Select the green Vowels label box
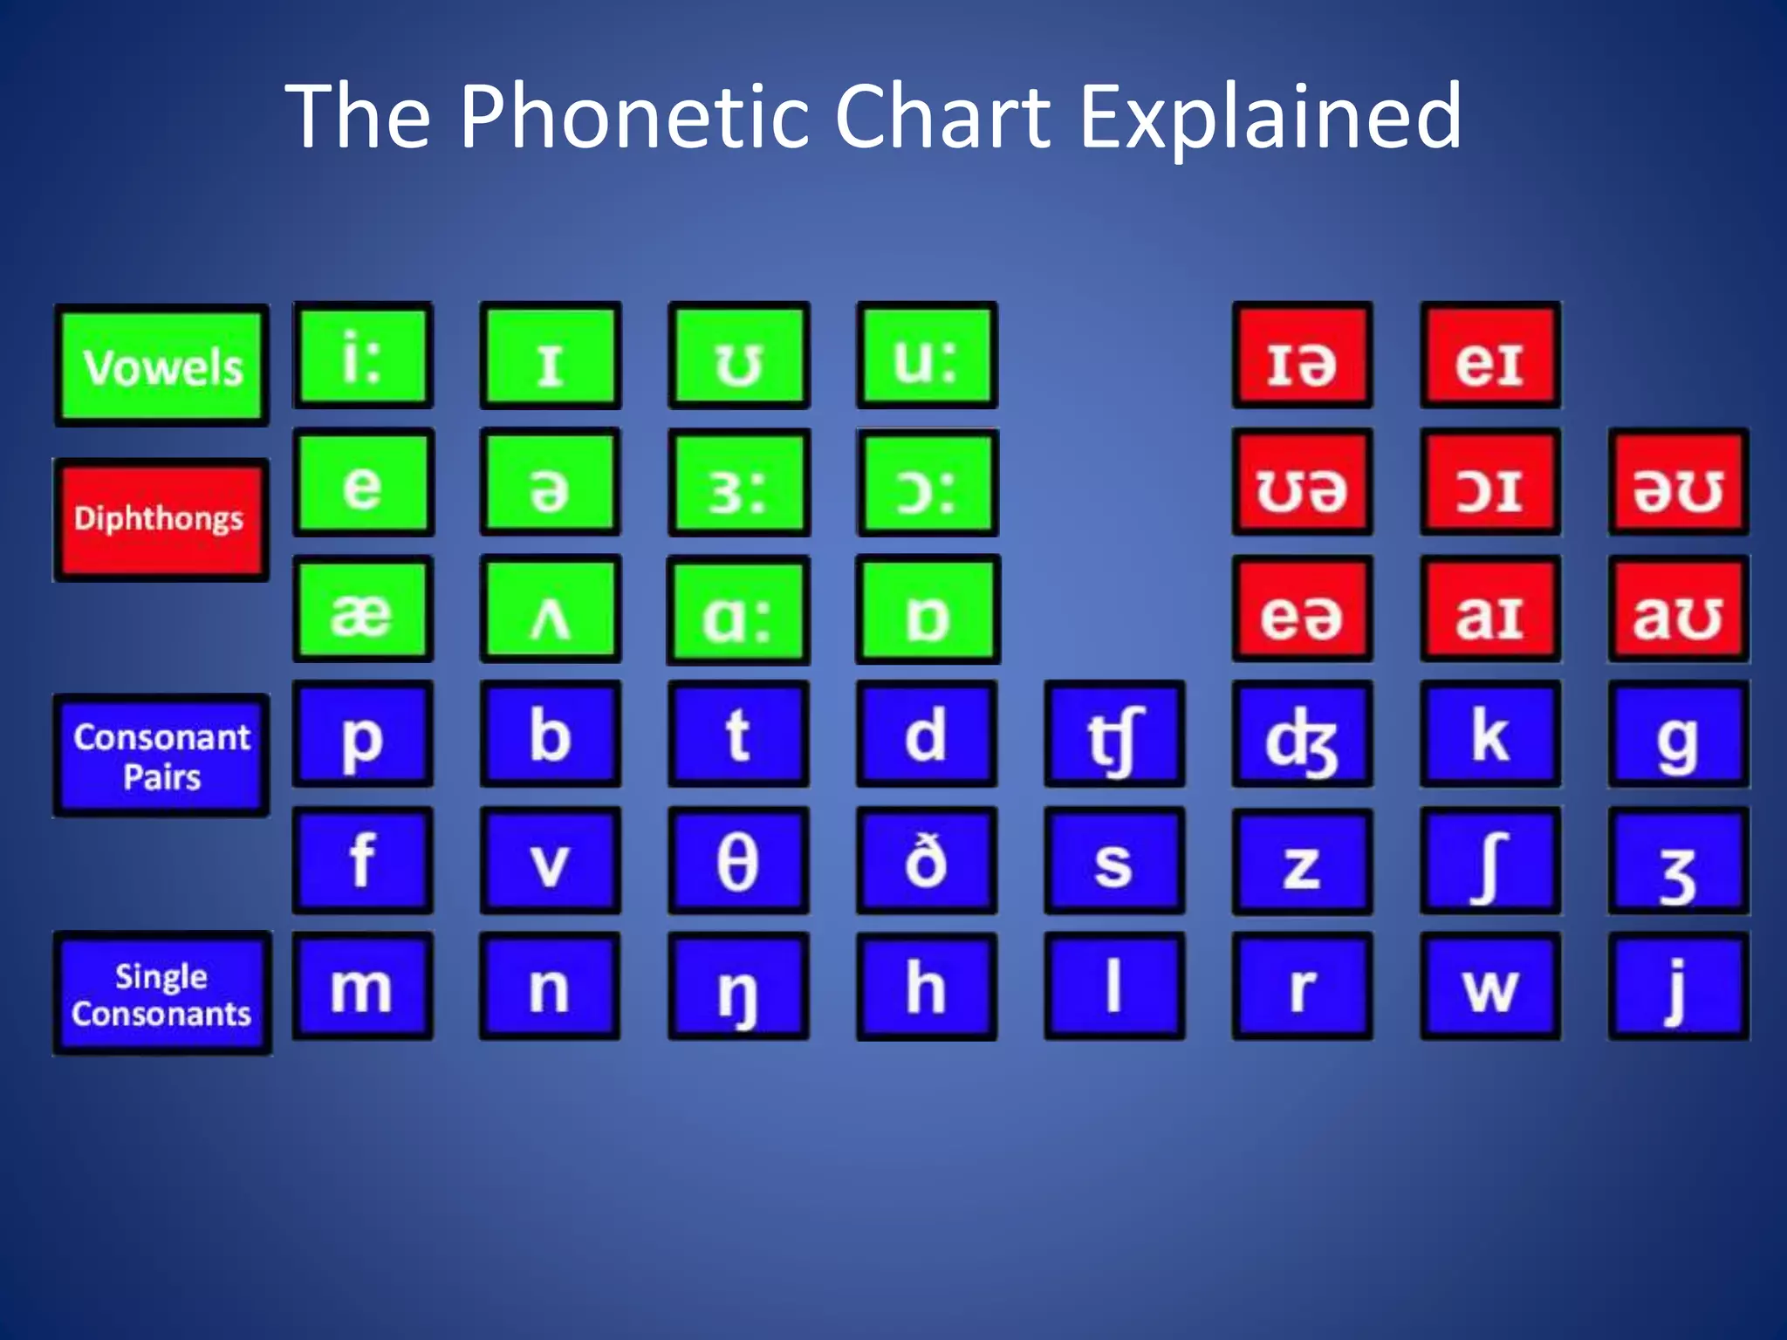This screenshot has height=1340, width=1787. [162, 366]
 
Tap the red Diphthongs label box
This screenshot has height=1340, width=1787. [161, 519]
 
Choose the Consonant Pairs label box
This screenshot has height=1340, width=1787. [162, 756]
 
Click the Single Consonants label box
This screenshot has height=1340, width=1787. [162, 994]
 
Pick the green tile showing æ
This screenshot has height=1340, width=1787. [363, 610]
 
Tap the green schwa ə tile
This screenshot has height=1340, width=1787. [551, 482]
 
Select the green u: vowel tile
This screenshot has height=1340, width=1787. [927, 356]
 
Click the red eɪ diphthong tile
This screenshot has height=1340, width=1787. [1490, 356]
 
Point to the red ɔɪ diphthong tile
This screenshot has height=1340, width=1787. [1490, 482]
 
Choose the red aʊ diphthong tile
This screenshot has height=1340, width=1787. [1678, 610]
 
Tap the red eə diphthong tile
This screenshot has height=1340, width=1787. [1302, 610]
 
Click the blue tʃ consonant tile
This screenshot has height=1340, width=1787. [1114, 735]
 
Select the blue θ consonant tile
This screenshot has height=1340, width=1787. [738, 861]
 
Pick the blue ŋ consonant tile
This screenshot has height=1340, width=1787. [738, 987]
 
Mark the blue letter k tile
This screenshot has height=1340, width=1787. [1490, 735]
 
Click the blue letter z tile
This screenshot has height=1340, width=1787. [1302, 861]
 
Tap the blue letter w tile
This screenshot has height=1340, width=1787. [1490, 987]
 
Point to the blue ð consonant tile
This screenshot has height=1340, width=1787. [927, 861]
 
